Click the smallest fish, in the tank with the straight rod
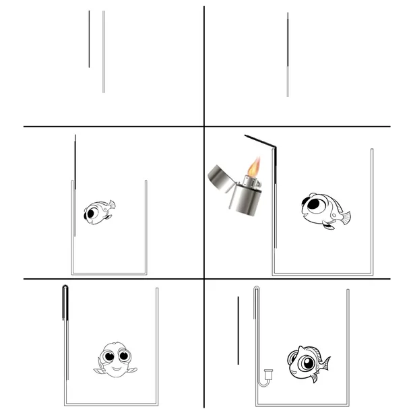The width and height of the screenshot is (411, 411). point(98,212)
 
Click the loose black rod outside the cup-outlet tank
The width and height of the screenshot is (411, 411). point(238,330)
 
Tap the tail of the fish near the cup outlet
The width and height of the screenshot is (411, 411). point(325,364)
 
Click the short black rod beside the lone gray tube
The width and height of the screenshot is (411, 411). point(89,39)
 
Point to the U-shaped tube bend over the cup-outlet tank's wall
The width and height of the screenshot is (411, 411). point(257,290)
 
